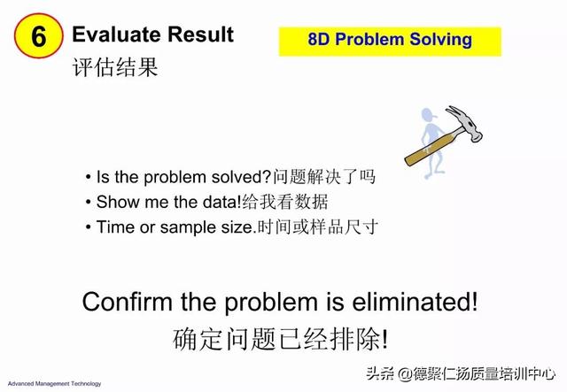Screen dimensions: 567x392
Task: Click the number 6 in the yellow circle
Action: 39,36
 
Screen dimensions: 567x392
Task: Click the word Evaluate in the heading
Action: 116,35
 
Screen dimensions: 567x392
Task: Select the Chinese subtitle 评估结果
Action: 115,67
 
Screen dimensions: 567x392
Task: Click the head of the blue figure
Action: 429,116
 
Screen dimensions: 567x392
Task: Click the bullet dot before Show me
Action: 89,202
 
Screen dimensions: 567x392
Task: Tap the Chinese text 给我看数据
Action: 285,202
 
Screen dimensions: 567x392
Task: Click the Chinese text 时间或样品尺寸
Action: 317,227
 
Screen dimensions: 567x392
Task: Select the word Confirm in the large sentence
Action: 128,302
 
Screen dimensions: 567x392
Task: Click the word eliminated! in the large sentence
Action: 416,302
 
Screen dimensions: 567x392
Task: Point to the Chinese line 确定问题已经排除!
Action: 280,339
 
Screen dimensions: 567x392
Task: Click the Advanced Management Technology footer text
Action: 54,384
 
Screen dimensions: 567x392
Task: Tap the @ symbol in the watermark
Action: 405,374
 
